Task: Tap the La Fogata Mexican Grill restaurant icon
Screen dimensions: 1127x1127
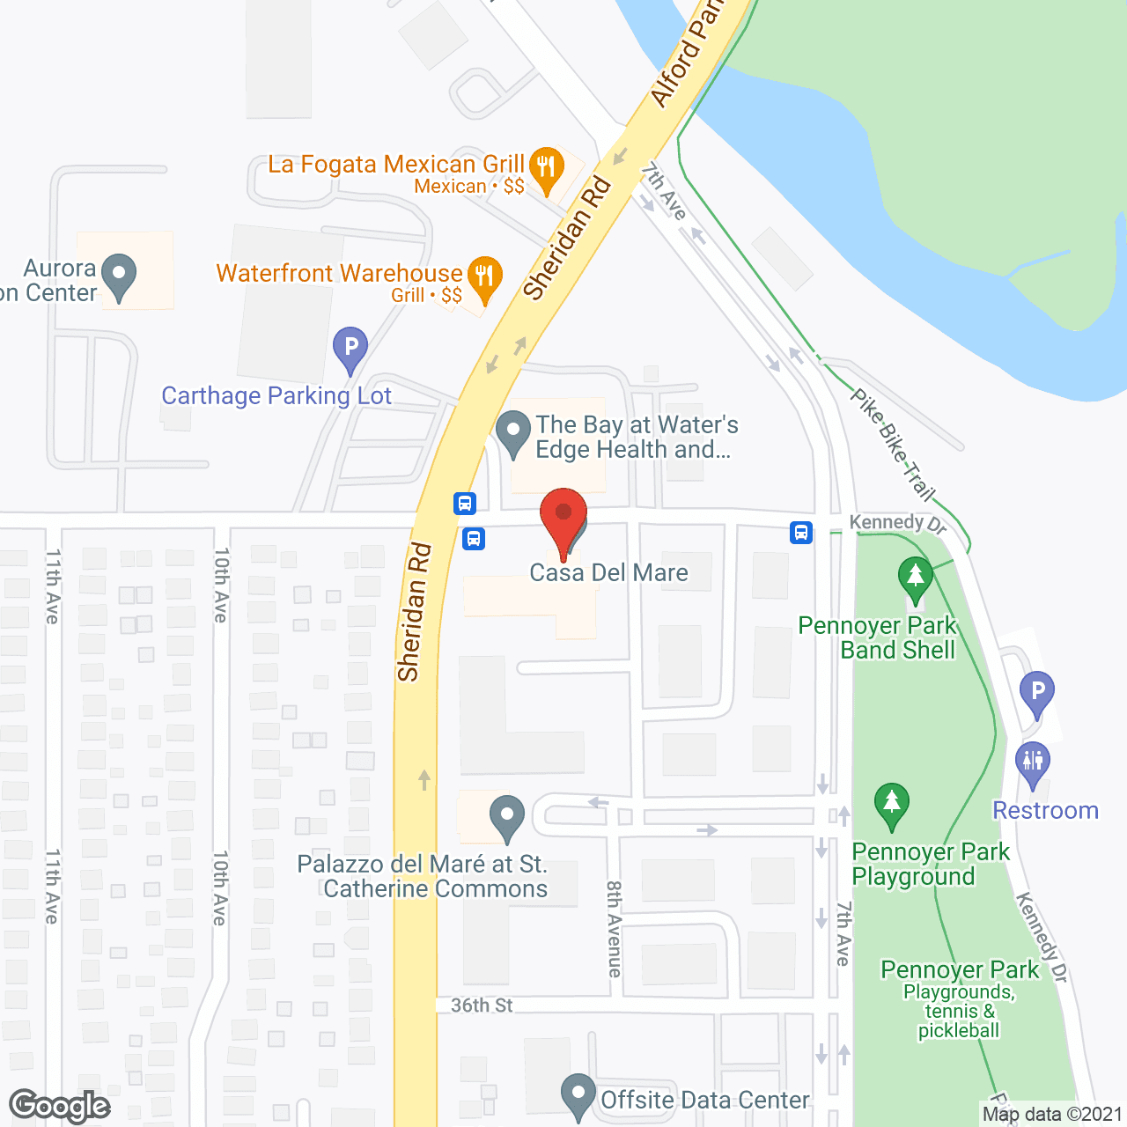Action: (x=547, y=167)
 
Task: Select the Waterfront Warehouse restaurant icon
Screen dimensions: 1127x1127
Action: (x=483, y=277)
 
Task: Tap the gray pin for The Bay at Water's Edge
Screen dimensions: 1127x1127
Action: (x=513, y=433)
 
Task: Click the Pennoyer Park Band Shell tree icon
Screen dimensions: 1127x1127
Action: (x=916, y=578)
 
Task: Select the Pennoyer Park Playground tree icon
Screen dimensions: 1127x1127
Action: (x=892, y=804)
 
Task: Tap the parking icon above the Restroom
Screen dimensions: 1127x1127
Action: (x=1037, y=693)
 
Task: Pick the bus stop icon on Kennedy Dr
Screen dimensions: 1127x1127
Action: (x=801, y=533)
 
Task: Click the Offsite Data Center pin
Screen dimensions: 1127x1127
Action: (x=578, y=1095)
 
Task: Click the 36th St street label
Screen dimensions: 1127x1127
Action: (x=482, y=1005)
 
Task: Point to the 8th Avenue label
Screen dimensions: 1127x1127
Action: (x=614, y=929)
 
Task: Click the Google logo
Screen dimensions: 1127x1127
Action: (x=60, y=1106)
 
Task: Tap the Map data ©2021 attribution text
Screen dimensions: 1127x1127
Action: (x=1052, y=1115)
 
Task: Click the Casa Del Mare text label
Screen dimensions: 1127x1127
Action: (x=608, y=573)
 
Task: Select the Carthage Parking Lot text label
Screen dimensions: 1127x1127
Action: (x=276, y=396)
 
